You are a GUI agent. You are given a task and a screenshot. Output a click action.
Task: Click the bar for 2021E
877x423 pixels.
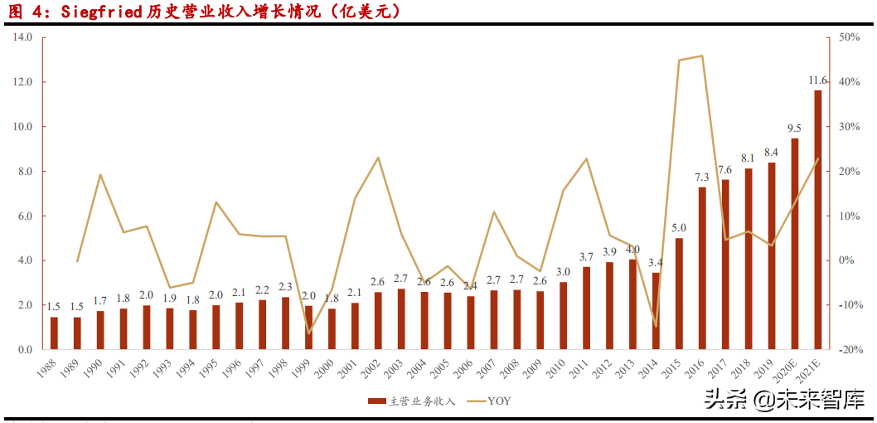tap(818, 220)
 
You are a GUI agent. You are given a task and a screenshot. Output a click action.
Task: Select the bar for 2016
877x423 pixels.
tap(702, 268)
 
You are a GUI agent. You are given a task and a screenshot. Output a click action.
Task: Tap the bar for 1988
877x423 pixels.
tap(54, 333)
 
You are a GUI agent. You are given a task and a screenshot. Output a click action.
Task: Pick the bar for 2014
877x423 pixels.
tap(656, 311)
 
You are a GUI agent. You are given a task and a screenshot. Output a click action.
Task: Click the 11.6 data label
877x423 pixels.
tap(818, 80)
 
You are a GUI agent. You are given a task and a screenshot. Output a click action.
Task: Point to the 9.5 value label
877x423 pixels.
tap(794, 128)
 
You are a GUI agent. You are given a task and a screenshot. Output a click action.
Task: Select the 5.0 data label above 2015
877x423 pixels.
tap(679, 228)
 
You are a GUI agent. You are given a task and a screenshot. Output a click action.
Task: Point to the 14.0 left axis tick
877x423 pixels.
tap(22, 37)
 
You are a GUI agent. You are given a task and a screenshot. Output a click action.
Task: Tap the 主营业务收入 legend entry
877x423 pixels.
tap(413, 401)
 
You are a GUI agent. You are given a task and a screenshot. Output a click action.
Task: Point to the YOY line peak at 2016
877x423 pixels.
tap(702, 56)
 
